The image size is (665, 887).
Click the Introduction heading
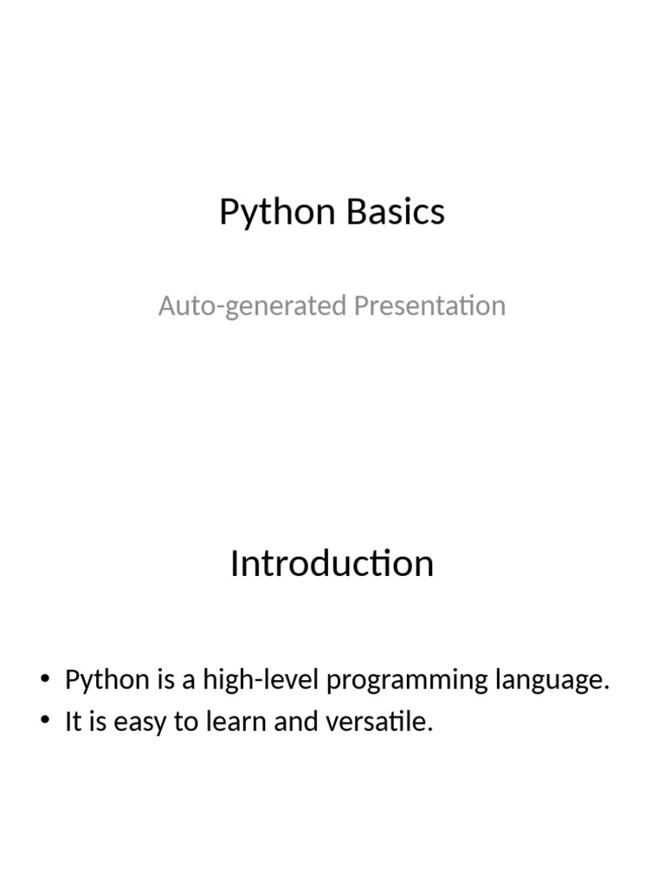[x=332, y=564]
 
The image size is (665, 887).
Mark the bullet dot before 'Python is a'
[x=45, y=680]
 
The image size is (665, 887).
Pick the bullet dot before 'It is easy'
[x=45, y=722]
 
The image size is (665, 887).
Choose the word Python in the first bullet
[x=107, y=680]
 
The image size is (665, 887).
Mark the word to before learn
[x=186, y=722]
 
